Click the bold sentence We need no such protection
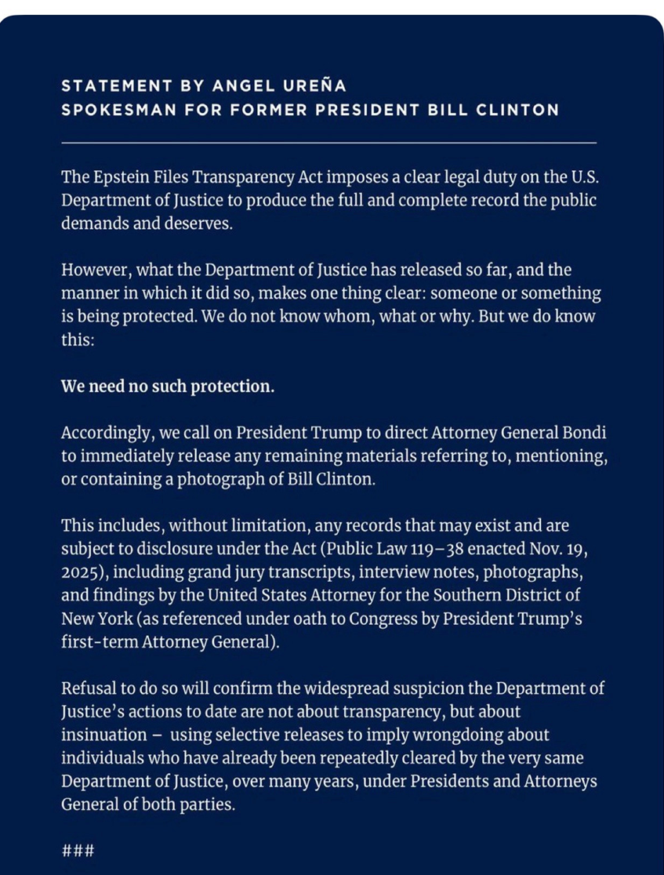168,387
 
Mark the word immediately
122,456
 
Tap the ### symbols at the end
78,850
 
